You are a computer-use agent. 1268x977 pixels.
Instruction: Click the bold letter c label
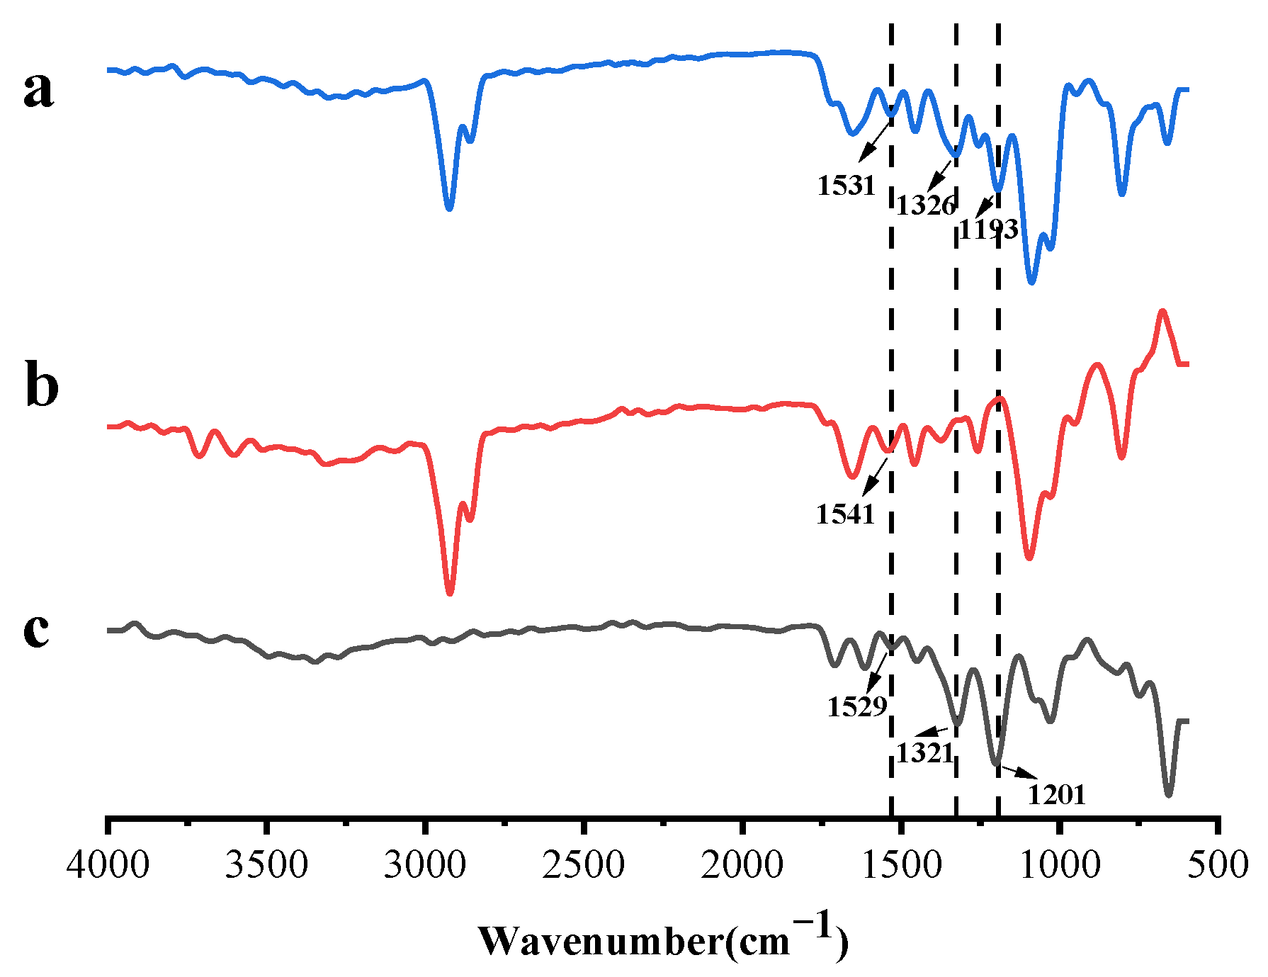(x=37, y=630)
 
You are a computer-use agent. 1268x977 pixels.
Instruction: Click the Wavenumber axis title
(x=663, y=940)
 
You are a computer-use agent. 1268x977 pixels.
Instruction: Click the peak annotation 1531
(x=847, y=186)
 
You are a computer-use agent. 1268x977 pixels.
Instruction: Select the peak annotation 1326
(x=927, y=206)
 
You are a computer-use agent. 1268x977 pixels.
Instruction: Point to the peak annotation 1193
(x=989, y=230)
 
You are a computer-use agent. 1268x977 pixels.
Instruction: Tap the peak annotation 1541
(x=846, y=514)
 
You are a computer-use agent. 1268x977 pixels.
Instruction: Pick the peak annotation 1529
(x=857, y=707)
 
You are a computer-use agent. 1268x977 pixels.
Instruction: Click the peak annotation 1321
(x=925, y=753)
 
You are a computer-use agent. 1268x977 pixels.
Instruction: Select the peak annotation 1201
(x=1056, y=795)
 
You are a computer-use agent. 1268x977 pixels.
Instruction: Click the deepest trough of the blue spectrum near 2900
(x=448, y=208)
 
